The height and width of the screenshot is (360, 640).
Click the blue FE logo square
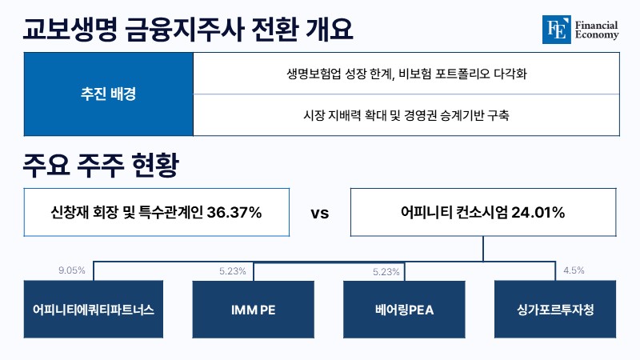tap(556, 30)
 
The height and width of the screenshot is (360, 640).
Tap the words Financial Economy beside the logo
tap(596, 30)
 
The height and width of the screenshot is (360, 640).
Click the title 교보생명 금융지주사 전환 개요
tap(188, 30)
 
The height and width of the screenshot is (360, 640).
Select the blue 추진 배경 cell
tap(108, 94)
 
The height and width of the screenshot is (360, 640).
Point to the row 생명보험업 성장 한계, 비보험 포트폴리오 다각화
tap(406, 74)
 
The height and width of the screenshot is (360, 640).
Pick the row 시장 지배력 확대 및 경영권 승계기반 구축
tap(406, 115)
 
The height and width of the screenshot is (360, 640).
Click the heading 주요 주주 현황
tap(101, 165)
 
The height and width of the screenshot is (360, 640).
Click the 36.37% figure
tap(234, 212)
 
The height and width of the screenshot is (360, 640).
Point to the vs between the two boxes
tap(319, 213)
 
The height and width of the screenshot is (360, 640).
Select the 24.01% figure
tap(538, 212)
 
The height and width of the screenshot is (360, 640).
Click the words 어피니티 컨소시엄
tap(454, 212)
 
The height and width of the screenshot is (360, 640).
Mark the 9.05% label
tap(72, 270)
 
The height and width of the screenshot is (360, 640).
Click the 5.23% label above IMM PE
tap(233, 271)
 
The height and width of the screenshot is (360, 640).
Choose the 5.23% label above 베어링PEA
tap(386, 272)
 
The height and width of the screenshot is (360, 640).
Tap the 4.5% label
tap(574, 270)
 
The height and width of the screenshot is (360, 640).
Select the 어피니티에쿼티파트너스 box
tap(94, 309)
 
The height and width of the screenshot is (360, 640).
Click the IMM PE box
tap(253, 310)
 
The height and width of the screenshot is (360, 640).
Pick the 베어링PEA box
tap(404, 310)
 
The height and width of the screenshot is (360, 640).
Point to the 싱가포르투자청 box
tap(555, 309)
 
